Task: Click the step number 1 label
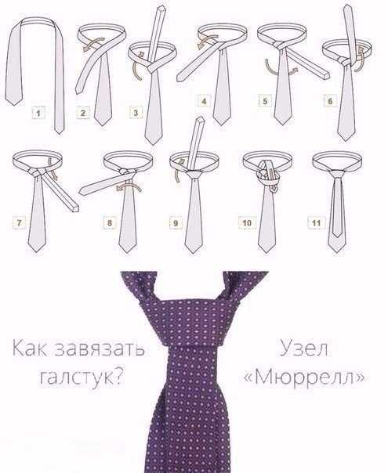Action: (38, 114)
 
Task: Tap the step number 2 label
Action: (83, 113)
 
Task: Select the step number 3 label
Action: (136, 113)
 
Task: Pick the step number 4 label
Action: (204, 101)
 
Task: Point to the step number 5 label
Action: (265, 101)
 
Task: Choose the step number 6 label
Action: (330, 101)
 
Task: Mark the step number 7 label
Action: (19, 223)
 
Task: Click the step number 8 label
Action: (109, 223)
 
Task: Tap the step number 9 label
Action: (176, 223)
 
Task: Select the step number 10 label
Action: (247, 223)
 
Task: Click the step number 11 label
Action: (316, 223)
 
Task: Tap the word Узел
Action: (304, 348)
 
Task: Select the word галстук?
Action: (82, 377)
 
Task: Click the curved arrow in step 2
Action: (93, 43)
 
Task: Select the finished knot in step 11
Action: (335, 174)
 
